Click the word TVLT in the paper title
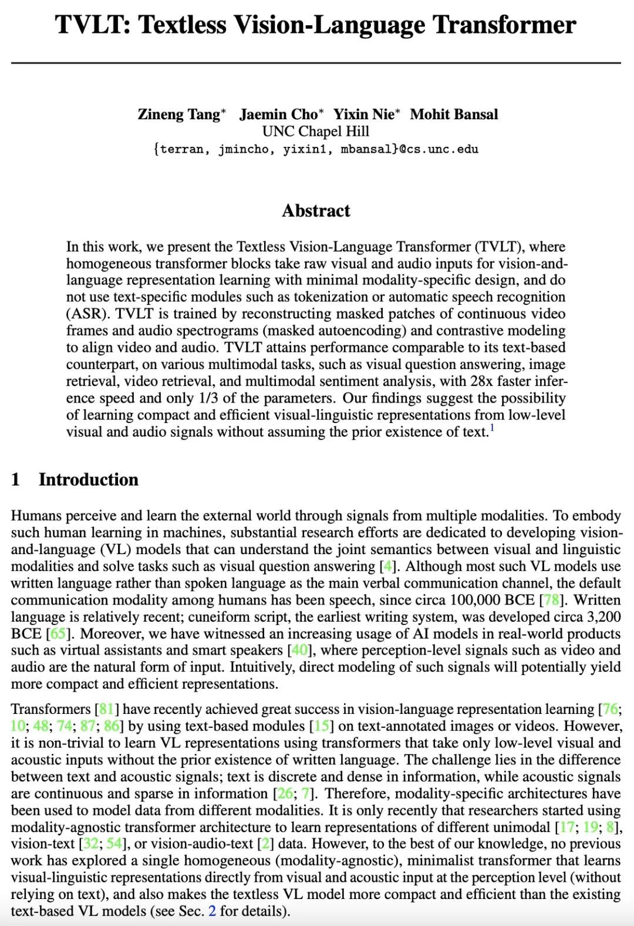94,25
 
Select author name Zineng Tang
178,114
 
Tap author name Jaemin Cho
278,114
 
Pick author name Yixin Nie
365,114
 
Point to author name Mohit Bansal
454,114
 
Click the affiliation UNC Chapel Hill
316,131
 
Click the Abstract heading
316,210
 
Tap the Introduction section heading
88,479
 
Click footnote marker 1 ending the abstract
493,428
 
